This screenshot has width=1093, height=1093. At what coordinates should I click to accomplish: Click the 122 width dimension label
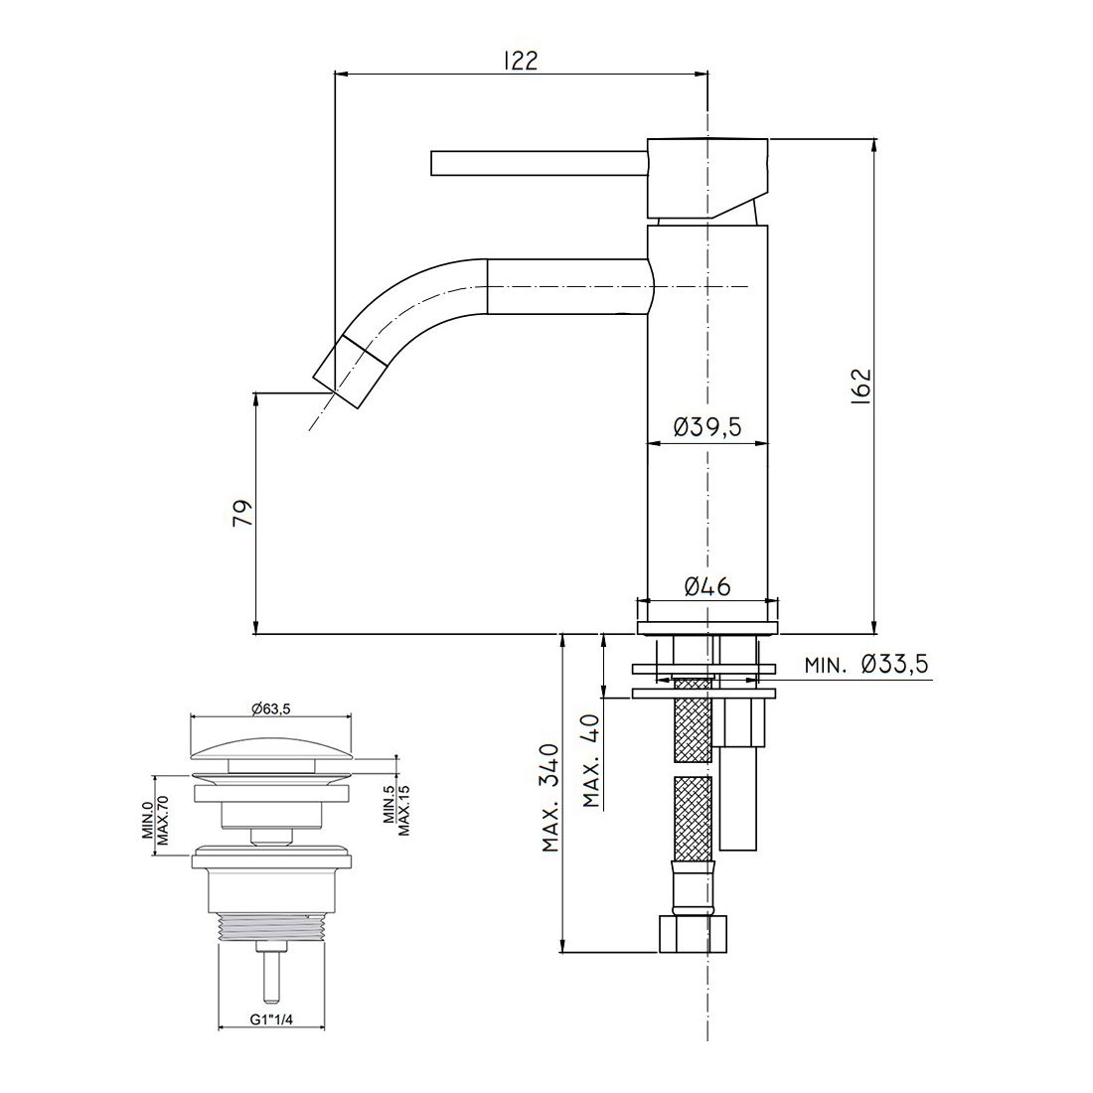(521, 61)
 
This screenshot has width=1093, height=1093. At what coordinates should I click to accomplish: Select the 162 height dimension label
(861, 387)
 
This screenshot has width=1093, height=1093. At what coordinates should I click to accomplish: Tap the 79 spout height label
(241, 513)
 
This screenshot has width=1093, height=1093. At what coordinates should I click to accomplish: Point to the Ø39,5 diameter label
(707, 426)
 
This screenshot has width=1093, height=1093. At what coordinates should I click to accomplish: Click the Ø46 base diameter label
(707, 587)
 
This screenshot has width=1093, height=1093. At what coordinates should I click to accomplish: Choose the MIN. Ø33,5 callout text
(866, 665)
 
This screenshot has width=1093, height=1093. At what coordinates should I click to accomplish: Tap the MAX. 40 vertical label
(592, 760)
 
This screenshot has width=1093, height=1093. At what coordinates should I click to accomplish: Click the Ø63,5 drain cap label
(270, 708)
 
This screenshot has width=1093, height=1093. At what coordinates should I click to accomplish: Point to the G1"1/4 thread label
(271, 1019)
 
